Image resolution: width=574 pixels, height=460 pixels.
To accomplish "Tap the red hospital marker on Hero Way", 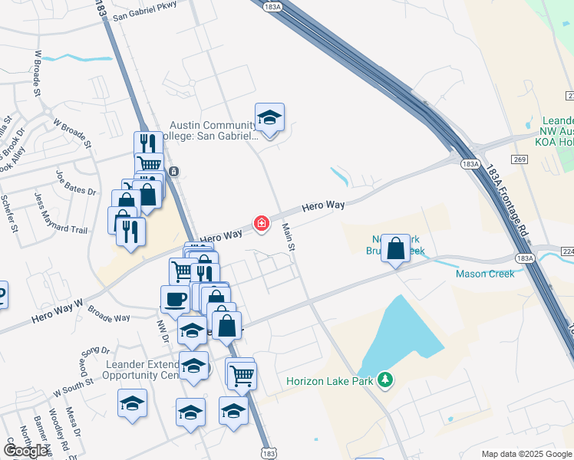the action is pyautogui.click(x=262, y=223).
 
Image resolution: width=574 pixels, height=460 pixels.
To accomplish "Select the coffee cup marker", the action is pyautogui.click(x=175, y=298).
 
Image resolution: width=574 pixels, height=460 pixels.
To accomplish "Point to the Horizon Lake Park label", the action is pyautogui.click(x=333, y=381).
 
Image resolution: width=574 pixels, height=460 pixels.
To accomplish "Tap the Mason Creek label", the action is pyautogui.click(x=484, y=273).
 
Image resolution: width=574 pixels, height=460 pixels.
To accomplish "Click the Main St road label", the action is pyautogui.click(x=289, y=236).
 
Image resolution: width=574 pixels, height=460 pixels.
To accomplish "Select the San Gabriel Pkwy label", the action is pyautogui.click(x=144, y=10).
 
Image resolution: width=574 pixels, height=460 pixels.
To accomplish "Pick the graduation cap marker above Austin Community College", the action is pyautogui.click(x=269, y=118).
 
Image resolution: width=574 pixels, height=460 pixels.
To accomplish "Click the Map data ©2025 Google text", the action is pyautogui.click(x=526, y=454).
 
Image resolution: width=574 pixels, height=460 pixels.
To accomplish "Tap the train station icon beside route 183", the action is pyautogui.click(x=175, y=171).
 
